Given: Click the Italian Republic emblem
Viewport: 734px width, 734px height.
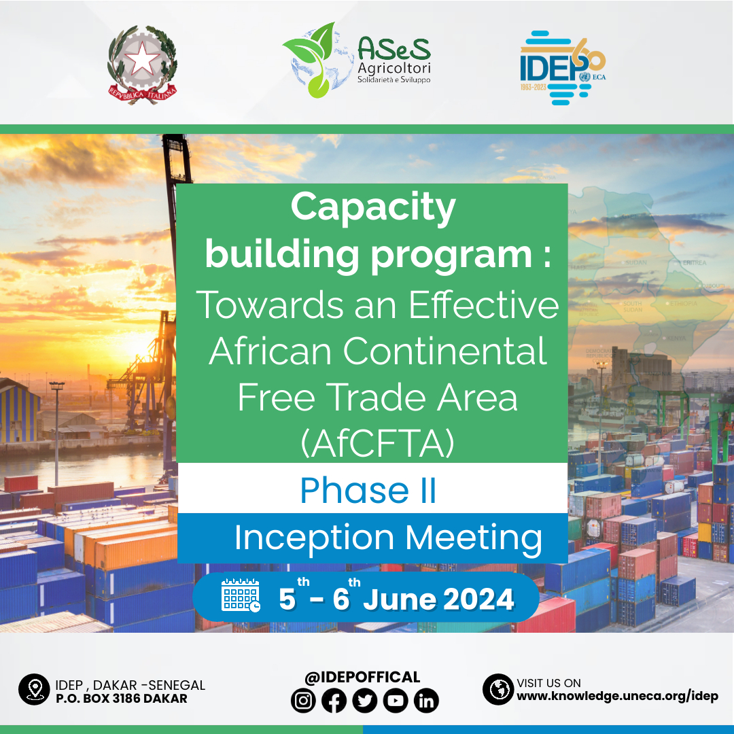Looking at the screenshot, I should pos(142,65).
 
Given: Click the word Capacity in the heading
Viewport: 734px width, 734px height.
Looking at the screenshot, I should pos(373,207).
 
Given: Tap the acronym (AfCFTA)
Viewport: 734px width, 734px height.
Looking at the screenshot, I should pos(377,443).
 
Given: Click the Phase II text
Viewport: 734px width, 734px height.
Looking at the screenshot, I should pos(368,490).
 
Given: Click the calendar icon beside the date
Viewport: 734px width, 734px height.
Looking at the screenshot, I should pos(241,595).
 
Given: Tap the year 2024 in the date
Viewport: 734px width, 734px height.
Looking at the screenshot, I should pos(478,599).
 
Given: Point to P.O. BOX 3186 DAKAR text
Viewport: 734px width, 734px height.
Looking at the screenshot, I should pos(121,699).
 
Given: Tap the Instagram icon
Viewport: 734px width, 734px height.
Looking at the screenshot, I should pos(303,701).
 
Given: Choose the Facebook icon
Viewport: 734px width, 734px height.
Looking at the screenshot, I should pos(334,701).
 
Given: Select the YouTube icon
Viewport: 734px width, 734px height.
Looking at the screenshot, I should pos(396,701).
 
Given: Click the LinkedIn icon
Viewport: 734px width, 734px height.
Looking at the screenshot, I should pos(426,701).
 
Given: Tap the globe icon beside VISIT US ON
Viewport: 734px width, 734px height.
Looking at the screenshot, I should pos(497,689).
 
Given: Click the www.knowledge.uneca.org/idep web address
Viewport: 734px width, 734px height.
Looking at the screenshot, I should pos(617,696).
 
